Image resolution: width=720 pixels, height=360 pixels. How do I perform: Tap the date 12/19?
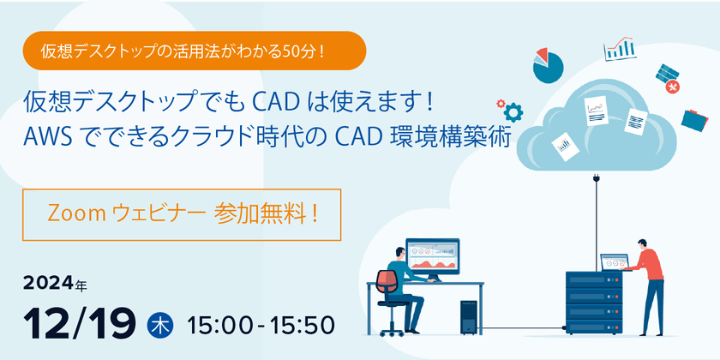tap(81, 323)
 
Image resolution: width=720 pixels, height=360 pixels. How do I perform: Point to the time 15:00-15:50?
tap(261, 326)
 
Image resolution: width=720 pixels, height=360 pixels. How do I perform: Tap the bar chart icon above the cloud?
tap(619, 48)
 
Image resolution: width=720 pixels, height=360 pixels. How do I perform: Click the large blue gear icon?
tap(513, 111)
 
